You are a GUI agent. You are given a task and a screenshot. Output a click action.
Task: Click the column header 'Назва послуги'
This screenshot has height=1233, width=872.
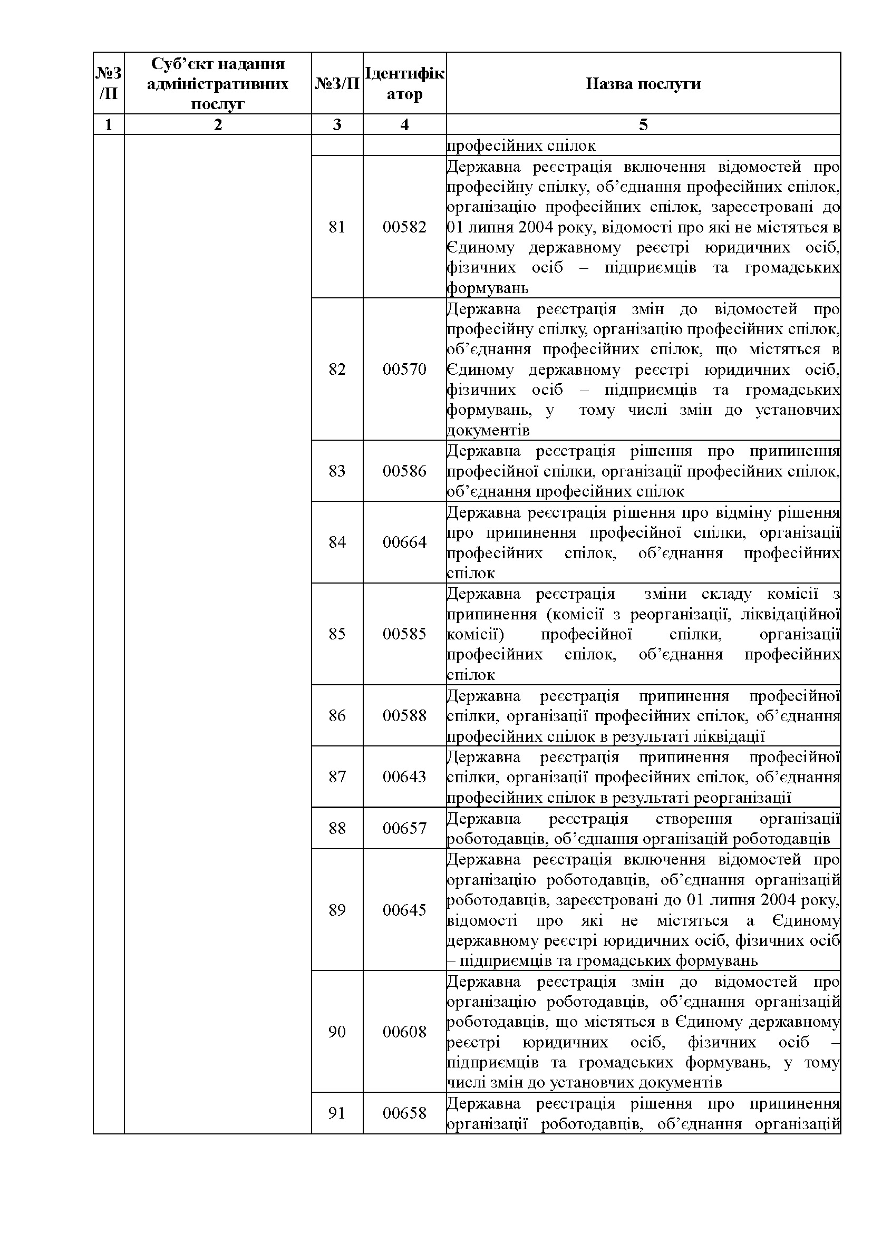click(x=643, y=84)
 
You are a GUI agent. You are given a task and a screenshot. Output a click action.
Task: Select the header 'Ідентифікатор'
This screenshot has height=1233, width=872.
click(x=404, y=83)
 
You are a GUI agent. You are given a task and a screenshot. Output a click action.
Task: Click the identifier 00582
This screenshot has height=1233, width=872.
click(x=404, y=227)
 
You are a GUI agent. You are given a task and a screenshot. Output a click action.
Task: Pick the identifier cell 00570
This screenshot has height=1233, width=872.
click(x=404, y=370)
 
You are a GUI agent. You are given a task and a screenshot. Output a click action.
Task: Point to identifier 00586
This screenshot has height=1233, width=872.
click(x=404, y=471)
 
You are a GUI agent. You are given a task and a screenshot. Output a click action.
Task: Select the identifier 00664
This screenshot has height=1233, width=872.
click(x=404, y=542)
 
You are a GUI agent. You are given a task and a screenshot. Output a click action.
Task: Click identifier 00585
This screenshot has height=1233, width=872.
click(x=404, y=634)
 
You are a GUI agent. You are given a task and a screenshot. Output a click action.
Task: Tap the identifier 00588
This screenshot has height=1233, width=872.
click(x=404, y=715)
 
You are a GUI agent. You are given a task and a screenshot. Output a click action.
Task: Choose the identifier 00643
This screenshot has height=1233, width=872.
click(x=404, y=776)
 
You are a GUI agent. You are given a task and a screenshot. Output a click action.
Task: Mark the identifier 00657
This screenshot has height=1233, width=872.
click(x=404, y=828)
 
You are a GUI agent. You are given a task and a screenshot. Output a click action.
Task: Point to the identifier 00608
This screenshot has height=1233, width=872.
click(x=404, y=1032)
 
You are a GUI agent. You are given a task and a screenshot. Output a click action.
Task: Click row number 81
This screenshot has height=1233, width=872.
click(x=337, y=227)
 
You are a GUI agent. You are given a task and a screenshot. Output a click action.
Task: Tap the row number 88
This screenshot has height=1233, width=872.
click(x=337, y=828)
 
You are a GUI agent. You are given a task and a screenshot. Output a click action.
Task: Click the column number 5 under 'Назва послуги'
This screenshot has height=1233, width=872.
click(x=643, y=124)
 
